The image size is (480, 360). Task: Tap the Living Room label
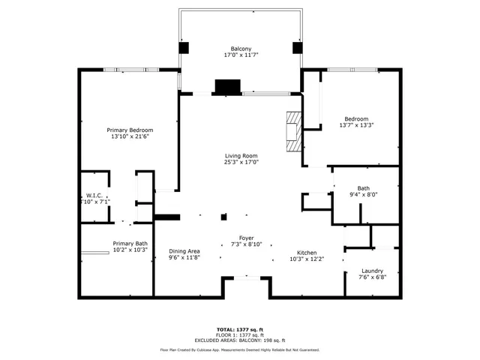tap(241, 156)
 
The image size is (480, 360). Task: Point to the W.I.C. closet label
tap(94, 195)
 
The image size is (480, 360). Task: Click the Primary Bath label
tap(130, 244)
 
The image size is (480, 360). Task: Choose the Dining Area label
tap(184, 251)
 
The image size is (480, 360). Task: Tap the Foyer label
tap(246, 237)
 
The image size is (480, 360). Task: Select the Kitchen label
tap(307, 253)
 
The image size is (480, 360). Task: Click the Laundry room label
tap(372, 271)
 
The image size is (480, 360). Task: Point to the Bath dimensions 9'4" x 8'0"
tap(363, 195)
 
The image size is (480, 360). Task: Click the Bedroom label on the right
tap(356, 118)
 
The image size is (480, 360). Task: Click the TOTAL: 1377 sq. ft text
tap(240, 329)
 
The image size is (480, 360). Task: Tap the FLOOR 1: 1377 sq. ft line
tap(240, 334)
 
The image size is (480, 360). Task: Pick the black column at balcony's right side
tap(297, 47)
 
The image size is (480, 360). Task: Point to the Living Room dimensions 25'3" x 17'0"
tap(241, 162)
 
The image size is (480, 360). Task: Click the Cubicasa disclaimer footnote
tap(240, 349)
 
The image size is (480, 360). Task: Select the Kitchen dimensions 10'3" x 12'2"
tap(307, 259)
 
